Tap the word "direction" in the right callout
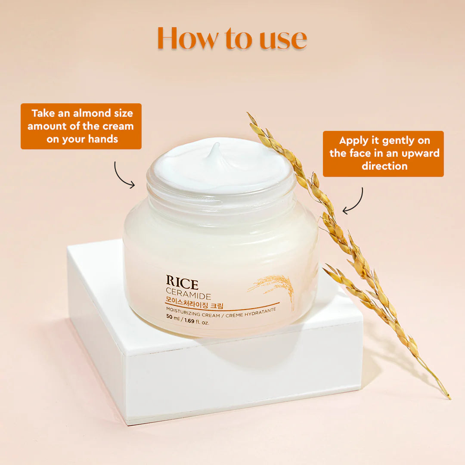click(x=384, y=166)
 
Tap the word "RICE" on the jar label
click(x=182, y=285)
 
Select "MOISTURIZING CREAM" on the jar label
click(x=193, y=315)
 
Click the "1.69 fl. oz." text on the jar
click(x=197, y=322)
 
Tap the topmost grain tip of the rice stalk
click(x=248, y=114)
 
